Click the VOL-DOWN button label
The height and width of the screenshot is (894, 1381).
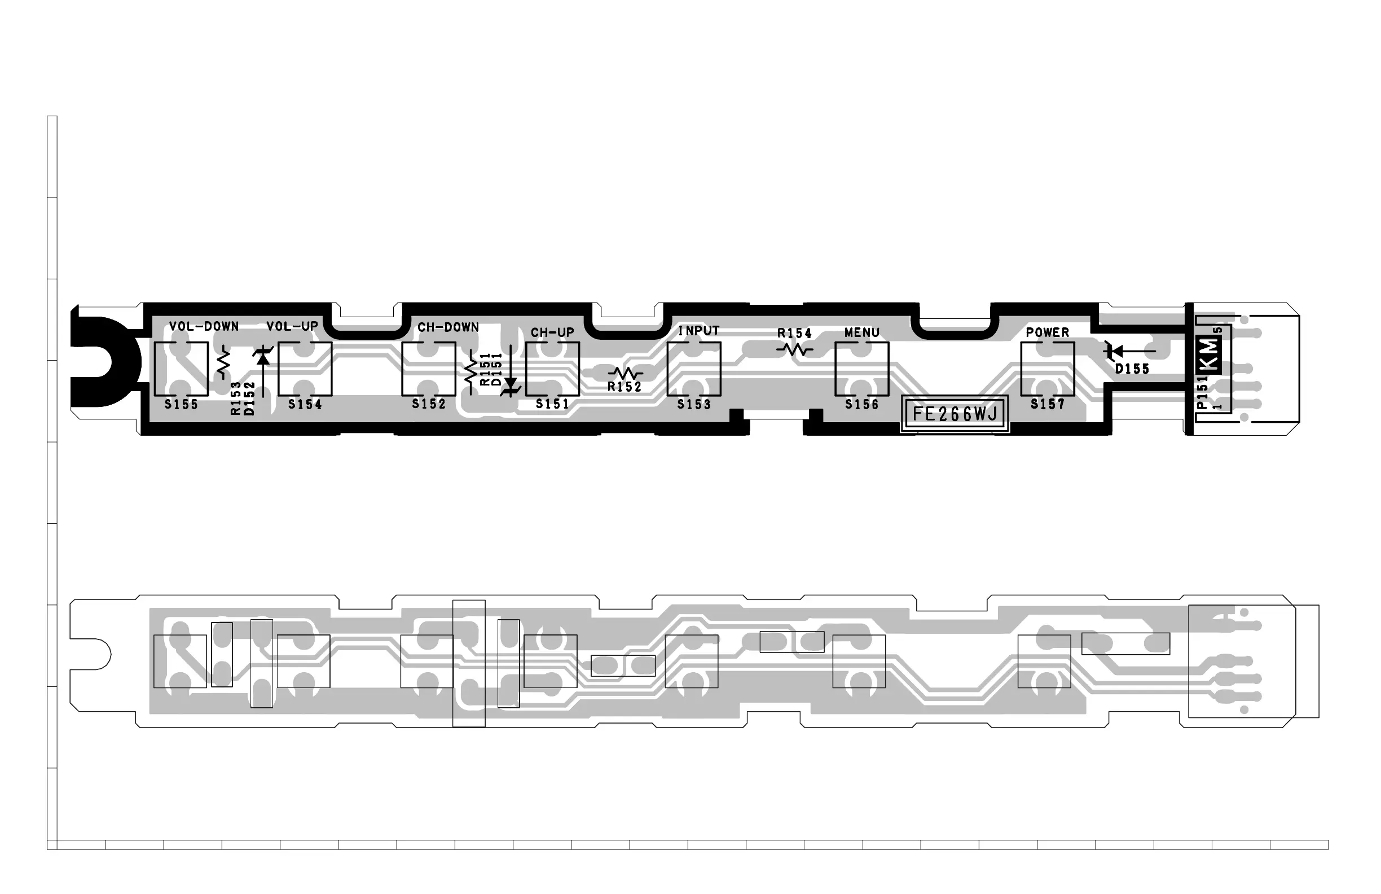coord(204,326)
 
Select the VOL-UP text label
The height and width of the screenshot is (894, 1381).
coord(292,326)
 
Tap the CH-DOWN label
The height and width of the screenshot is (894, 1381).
coord(448,327)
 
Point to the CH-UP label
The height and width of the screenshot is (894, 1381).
coord(552,332)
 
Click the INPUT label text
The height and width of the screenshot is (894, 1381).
coord(698,331)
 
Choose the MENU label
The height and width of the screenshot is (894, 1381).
coord(861,332)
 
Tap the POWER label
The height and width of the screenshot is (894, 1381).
coord(1048,332)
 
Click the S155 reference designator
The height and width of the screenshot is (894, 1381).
coord(181,405)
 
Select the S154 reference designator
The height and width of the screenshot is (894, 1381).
coord(305,405)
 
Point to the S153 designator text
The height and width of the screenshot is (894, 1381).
coord(694,405)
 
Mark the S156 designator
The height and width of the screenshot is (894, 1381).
coord(861,405)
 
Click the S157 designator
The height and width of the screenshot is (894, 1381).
coord(1048,404)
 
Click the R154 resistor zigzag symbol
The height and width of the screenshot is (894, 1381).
coord(794,349)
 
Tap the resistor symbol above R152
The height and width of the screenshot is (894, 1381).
coord(625,373)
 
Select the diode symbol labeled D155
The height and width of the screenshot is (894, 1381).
coord(1114,350)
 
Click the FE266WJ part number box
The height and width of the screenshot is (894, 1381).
coord(955,414)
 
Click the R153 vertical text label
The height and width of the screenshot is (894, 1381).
coord(236,398)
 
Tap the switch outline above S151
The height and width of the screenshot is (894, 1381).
coord(552,369)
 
